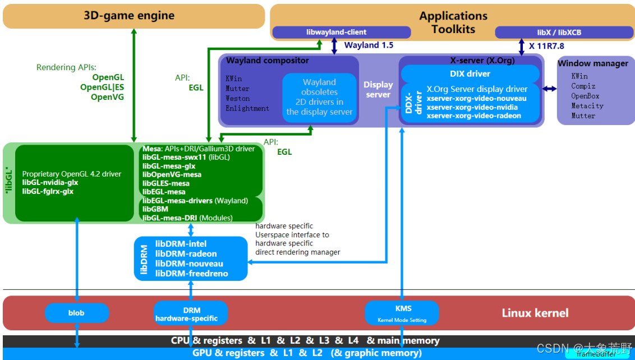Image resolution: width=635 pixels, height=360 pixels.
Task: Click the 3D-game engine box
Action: pyautogui.click(x=134, y=16)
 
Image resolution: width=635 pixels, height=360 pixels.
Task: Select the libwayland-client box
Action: pyautogui.click(x=329, y=32)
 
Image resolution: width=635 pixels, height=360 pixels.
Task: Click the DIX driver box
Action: pyautogui.click(x=470, y=73)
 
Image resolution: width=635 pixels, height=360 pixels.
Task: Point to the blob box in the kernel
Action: pyautogui.click(x=76, y=313)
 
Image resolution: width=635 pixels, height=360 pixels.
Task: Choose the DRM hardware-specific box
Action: pyautogui.click(x=191, y=314)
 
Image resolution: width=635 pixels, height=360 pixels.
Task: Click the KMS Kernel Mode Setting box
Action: pyautogui.click(x=402, y=313)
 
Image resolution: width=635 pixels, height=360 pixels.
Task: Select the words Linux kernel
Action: pyautogui.click(x=535, y=313)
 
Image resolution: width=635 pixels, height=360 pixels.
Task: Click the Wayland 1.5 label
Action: pyautogui.click(x=369, y=45)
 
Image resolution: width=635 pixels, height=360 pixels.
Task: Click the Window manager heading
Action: pyautogui.click(x=592, y=63)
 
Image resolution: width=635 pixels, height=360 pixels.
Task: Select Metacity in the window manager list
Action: pyautogui.click(x=587, y=106)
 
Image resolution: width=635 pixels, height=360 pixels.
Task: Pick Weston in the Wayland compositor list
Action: pyautogui.click(x=238, y=99)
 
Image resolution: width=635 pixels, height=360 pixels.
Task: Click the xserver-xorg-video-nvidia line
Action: pyautogui.click(x=472, y=107)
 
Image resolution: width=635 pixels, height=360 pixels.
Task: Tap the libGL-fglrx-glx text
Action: pyautogui.click(x=48, y=191)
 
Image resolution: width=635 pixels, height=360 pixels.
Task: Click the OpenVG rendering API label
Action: pyautogui.click(x=107, y=97)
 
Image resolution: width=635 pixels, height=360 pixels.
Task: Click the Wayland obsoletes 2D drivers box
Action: pyautogui.click(x=319, y=97)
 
